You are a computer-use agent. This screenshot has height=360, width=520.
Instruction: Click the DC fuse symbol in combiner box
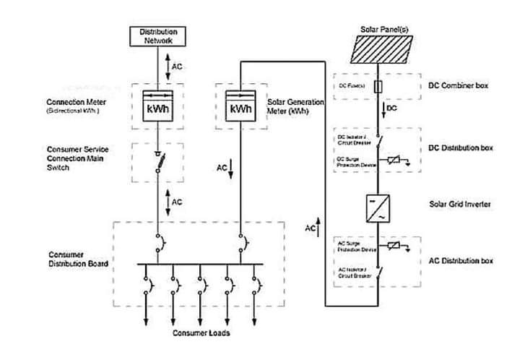380,86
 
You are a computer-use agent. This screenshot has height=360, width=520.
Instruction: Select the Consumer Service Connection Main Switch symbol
157,163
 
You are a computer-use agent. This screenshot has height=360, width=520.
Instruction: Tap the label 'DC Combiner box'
459,86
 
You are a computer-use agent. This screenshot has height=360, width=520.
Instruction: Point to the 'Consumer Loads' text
201,333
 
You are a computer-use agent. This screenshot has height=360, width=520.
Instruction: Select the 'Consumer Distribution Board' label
78,260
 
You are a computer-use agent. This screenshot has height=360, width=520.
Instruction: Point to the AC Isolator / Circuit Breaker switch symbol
380,273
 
